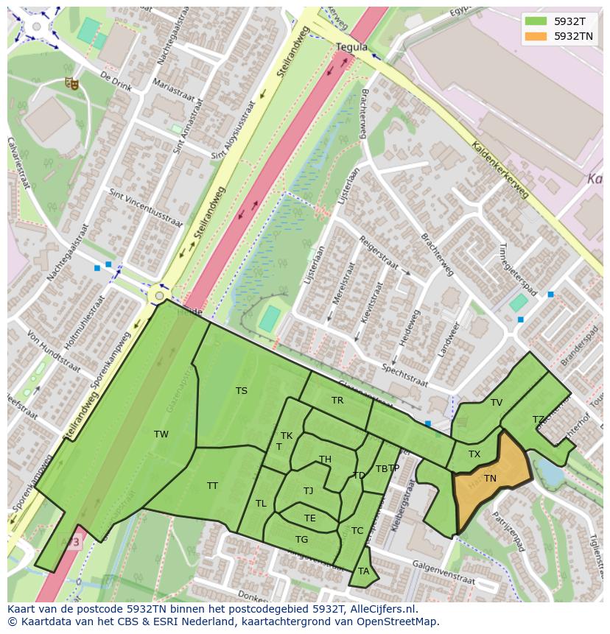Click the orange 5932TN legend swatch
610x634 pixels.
536,36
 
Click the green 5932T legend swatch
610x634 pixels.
536,21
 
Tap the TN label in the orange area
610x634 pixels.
490,479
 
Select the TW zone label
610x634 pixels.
161,434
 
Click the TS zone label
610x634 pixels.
242,391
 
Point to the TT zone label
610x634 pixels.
212,486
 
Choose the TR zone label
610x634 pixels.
337,401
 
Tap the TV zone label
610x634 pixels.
497,403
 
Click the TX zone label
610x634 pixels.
474,454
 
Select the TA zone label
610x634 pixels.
363,571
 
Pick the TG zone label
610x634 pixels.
301,540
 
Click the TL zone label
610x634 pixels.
261,504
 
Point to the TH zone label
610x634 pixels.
325,459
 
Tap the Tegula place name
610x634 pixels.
351,47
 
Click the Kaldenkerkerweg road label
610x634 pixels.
500,169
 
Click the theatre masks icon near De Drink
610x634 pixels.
71,83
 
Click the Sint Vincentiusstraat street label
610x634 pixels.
146,209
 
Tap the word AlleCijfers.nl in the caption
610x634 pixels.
382,610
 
